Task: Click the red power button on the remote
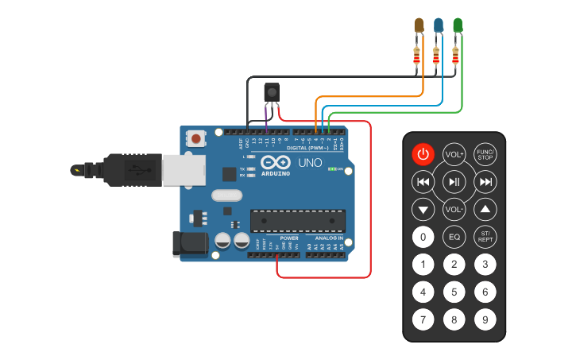click(423, 154)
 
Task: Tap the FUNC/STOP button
click(485, 154)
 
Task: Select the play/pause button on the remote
click(454, 182)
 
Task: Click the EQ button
click(454, 237)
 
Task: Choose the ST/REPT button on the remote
click(485, 237)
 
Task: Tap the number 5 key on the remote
click(454, 292)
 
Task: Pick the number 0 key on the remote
click(423, 237)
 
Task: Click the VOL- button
click(454, 210)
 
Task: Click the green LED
click(458, 25)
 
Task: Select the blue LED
click(438, 25)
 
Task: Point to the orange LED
click(419, 25)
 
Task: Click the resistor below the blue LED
click(435, 56)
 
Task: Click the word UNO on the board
click(309, 163)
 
